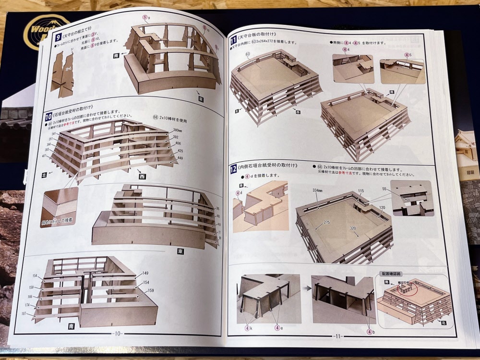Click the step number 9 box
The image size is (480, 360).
click(x=58, y=37)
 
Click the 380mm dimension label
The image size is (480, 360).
click(x=177, y=130)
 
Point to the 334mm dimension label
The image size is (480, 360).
click(x=318, y=191)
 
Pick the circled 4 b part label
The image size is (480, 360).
click(x=370, y=331)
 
